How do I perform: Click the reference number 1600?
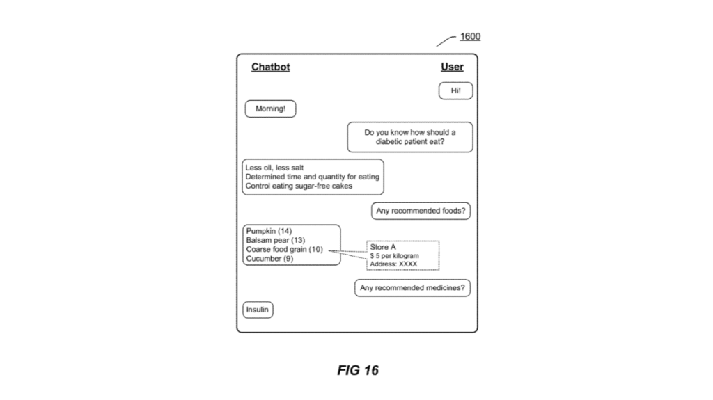(x=470, y=37)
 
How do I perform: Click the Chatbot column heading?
(x=270, y=67)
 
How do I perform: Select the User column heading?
(x=452, y=67)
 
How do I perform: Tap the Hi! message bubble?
(x=456, y=91)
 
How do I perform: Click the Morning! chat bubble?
(x=270, y=109)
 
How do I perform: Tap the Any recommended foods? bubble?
(x=421, y=211)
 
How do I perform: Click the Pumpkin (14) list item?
(x=269, y=231)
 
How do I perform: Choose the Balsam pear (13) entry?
(x=275, y=240)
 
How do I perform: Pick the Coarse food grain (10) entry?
(x=284, y=249)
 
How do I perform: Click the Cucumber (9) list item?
(x=269, y=259)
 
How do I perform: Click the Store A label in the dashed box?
(x=383, y=247)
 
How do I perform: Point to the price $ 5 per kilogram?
(x=395, y=256)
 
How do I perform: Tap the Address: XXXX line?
(x=393, y=264)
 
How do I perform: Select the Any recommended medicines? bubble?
(x=412, y=288)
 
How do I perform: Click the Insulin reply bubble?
(x=258, y=310)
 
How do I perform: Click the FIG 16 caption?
(x=358, y=370)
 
